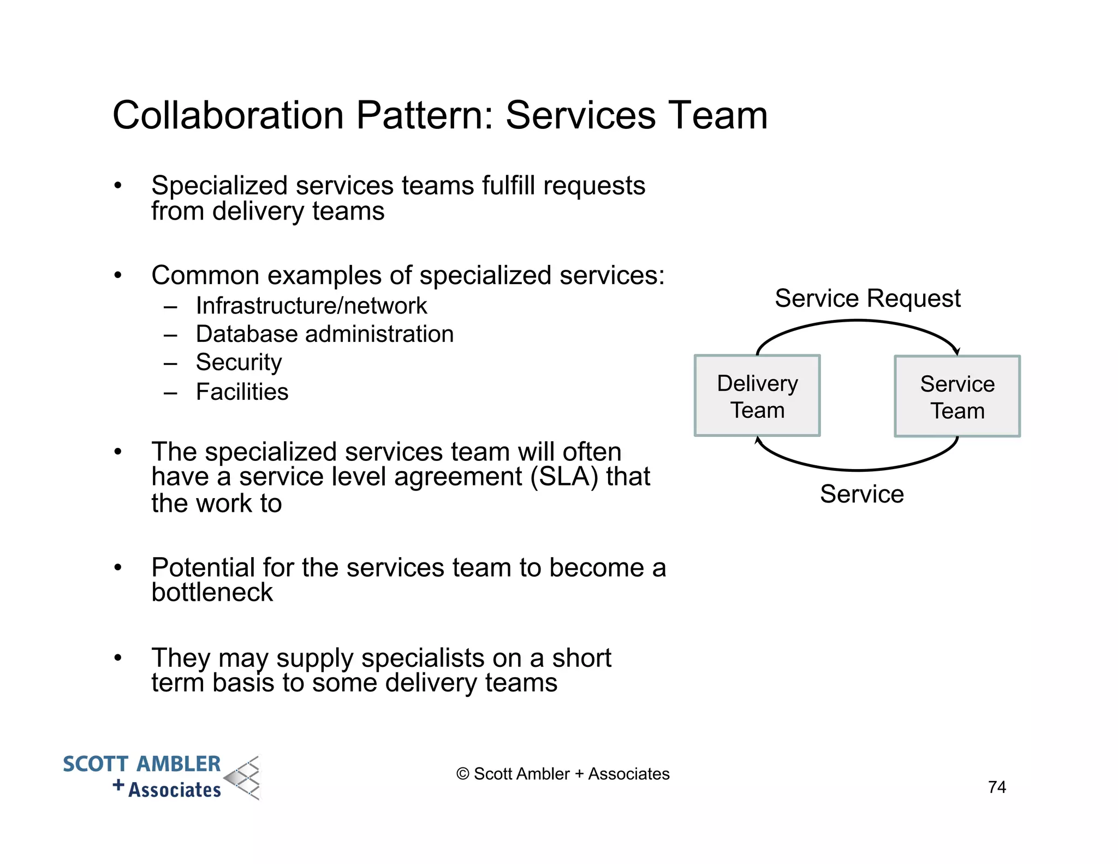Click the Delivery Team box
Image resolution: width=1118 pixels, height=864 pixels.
(757, 396)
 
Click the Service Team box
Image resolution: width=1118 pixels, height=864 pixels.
(957, 397)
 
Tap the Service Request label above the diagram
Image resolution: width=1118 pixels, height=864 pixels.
(867, 299)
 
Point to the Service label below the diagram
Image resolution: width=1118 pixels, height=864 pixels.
(861, 494)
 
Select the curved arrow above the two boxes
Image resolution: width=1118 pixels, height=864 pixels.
(857, 322)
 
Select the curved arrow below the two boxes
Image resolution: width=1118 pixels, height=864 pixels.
(857, 469)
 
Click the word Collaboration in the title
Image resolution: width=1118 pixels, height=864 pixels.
(228, 116)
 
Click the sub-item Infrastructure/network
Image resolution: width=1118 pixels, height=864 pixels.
(311, 306)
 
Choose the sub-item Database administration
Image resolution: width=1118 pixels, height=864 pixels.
(325, 334)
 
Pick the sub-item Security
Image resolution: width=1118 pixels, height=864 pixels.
(239, 363)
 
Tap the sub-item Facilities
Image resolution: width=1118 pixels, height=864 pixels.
(242, 392)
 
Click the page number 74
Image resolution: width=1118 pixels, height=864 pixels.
(997, 787)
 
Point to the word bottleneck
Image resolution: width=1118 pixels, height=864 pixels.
(212, 593)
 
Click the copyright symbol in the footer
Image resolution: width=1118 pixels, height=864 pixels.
(462, 774)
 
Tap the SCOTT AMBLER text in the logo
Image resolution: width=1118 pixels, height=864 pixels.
(141, 764)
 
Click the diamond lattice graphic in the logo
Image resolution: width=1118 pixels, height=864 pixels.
(243, 778)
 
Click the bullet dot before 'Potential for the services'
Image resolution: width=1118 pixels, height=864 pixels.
(117, 568)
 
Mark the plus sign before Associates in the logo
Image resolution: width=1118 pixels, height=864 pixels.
(118, 786)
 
